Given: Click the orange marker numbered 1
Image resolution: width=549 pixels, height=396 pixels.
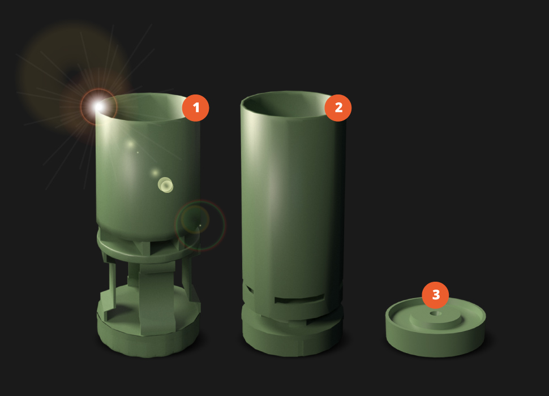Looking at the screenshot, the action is tap(195, 107).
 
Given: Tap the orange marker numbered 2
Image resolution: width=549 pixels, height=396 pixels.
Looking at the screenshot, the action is tap(338, 107).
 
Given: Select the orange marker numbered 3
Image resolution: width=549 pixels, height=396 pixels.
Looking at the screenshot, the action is tap(435, 295).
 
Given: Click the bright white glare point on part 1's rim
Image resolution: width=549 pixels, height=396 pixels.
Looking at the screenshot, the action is tap(98, 106).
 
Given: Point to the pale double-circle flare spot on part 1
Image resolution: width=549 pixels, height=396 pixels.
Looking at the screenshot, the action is tap(166, 185).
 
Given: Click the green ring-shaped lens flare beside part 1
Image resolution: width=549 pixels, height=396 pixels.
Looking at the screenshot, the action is tap(200, 226).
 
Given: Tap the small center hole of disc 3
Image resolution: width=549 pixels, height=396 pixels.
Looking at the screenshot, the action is tap(435, 313).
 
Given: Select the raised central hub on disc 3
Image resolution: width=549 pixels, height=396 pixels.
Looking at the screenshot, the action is tap(435, 317).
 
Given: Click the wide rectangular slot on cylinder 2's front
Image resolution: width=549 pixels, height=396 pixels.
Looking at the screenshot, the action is tap(299, 299).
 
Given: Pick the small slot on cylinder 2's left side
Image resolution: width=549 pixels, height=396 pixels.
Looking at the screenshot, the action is tap(250, 289).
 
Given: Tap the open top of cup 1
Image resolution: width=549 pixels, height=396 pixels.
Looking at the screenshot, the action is tap(148, 107).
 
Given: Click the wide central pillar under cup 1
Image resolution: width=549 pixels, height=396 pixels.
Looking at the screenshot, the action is tap(157, 298).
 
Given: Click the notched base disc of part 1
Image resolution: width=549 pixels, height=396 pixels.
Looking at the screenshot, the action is tap(148, 332).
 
